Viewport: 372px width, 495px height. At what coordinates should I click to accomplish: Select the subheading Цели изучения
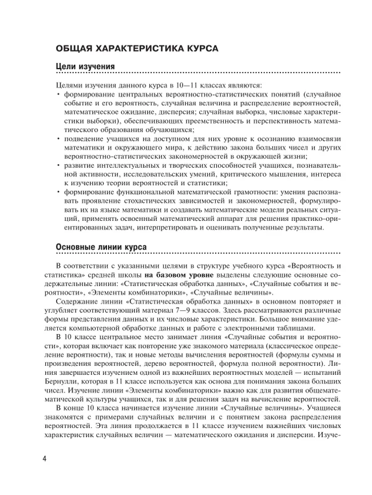pyautogui.click(x=85, y=68)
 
